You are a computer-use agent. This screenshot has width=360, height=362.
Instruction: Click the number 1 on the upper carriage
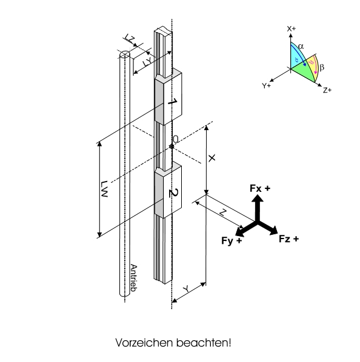172,102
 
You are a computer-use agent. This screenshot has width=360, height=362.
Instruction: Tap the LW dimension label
104,189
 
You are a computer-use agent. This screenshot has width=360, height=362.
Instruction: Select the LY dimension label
147,62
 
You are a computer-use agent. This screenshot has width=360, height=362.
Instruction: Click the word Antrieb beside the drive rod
134,278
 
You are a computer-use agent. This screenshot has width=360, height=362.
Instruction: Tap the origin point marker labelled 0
172,146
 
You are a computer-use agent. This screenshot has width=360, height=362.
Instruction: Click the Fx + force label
260,188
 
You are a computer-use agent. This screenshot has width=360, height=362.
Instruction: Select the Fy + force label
232,240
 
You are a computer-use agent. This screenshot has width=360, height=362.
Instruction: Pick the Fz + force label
289,239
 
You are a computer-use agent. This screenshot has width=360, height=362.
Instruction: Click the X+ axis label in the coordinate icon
292,29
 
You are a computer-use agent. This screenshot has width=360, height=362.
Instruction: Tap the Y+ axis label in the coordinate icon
266,85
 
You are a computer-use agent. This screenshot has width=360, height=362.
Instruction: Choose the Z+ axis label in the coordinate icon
327,90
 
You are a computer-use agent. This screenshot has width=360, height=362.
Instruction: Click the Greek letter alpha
301,46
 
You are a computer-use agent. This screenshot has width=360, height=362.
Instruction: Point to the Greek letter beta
322,67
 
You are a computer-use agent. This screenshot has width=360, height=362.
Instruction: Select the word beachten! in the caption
204,343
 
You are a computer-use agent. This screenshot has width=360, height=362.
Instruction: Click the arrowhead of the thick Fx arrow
258,199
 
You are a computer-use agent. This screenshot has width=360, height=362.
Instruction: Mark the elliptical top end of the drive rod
125,54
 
